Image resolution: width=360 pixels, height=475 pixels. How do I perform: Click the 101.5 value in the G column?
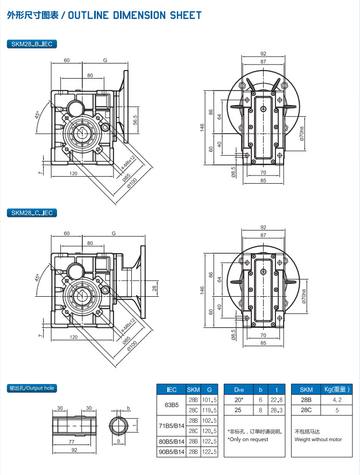pyautogui.click(x=209, y=400)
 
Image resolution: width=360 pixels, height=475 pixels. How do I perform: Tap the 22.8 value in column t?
pyautogui.click(x=277, y=400)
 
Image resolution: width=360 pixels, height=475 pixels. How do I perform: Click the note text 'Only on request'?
pyautogui.click(x=248, y=439)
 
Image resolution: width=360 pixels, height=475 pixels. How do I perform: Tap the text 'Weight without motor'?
pyautogui.click(x=318, y=439)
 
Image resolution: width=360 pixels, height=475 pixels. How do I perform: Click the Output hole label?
pyautogui.click(x=32, y=388)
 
